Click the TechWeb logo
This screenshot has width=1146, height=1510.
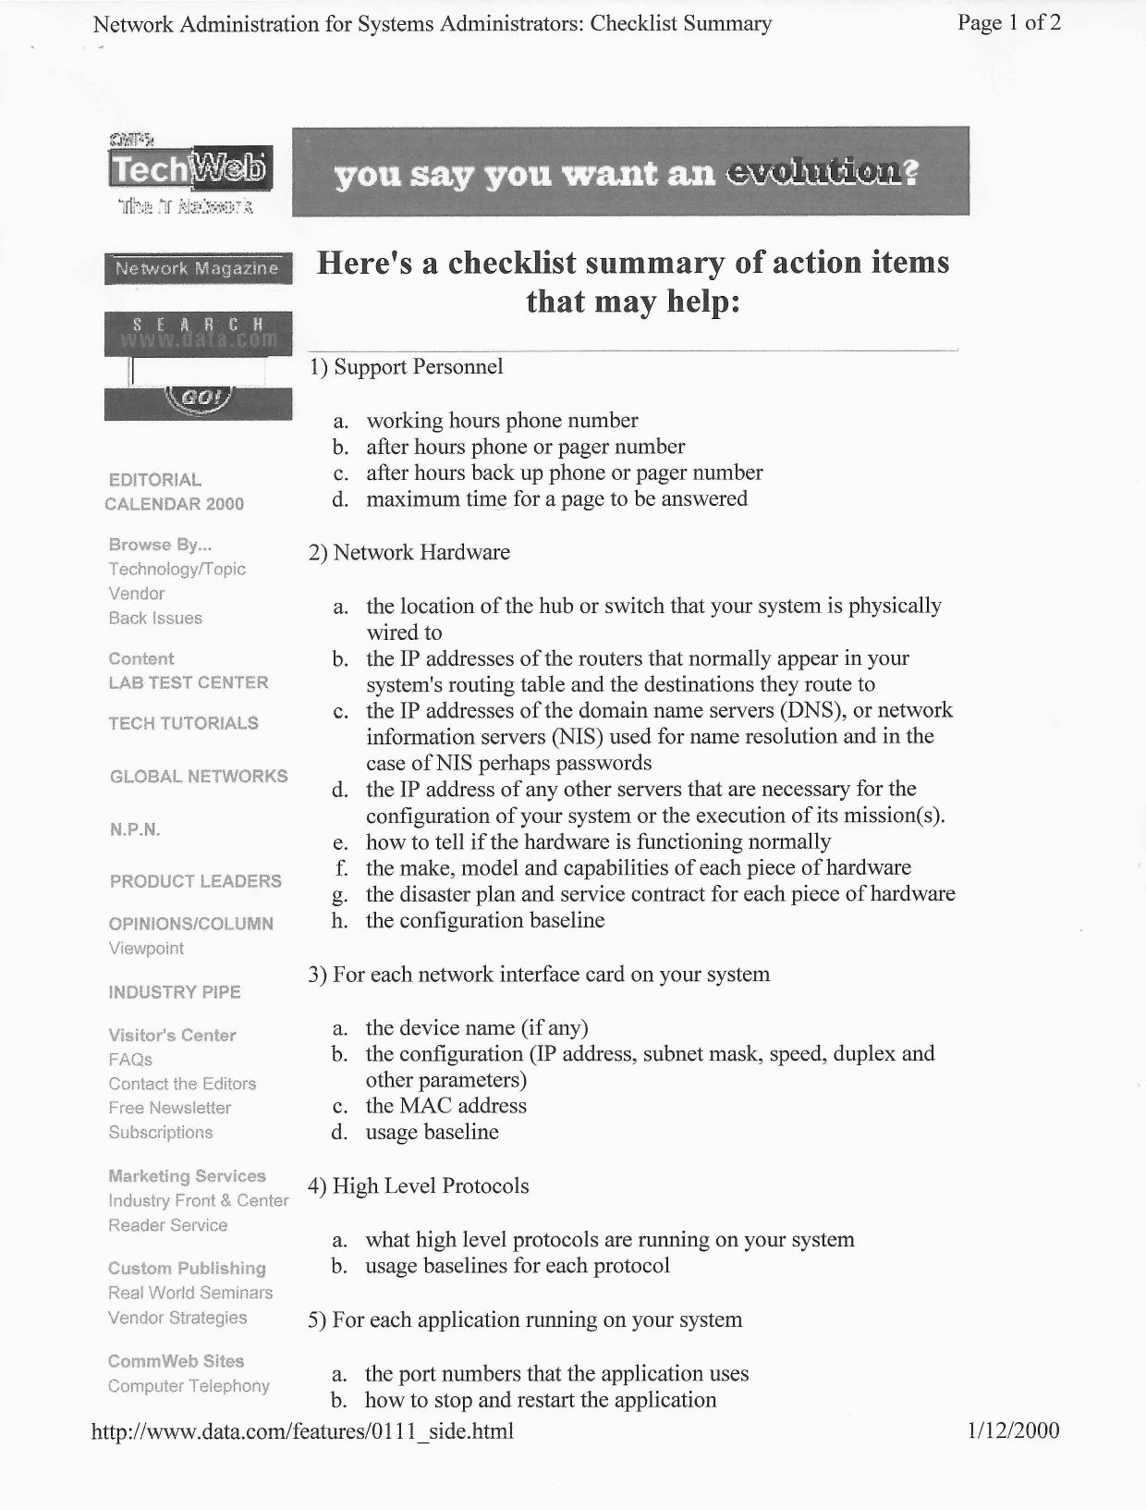[x=189, y=170]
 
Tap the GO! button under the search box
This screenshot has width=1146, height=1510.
[x=198, y=399]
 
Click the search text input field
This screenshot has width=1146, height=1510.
[x=197, y=372]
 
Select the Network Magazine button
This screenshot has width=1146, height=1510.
[x=197, y=268]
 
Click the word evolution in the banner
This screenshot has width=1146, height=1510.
[x=811, y=173]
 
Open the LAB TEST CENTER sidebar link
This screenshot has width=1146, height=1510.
[x=189, y=682]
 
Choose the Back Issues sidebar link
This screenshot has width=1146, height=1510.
[x=155, y=618]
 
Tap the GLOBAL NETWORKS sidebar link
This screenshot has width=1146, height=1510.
[x=199, y=776]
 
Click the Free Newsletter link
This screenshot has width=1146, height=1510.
[x=170, y=1107]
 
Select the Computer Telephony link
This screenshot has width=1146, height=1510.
[x=189, y=1385]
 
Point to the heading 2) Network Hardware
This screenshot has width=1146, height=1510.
[x=409, y=552]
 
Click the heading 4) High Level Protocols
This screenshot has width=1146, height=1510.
[x=419, y=1185]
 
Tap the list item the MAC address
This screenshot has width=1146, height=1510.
[x=445, y=1105]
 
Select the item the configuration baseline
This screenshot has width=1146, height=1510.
[x=485, y=920]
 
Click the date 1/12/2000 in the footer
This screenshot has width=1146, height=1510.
[x=1013, y=1430]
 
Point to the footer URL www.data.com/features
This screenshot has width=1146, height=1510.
[x=303, y=1431]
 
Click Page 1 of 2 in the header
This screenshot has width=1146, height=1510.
[x=1009, y=23]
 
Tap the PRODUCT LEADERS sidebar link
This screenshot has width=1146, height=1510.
[x=196, y=881]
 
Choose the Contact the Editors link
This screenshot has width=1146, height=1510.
[x=182, y=1083]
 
